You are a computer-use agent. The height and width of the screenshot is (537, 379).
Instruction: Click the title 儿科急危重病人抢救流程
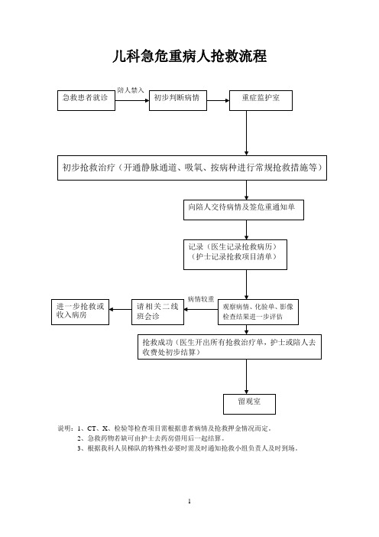coord(189,56)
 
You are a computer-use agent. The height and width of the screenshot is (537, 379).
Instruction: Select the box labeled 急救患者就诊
coord(86,100)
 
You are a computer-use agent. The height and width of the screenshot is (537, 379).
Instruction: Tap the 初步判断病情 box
coord(178,100)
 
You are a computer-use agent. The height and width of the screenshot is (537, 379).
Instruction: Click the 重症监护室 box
coord(261,100)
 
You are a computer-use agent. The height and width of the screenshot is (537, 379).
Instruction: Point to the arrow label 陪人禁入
coord(131,90)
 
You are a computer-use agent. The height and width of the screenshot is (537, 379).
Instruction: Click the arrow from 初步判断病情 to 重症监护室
coord(218,101)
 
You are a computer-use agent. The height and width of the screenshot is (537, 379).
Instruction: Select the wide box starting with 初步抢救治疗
coord(192,168)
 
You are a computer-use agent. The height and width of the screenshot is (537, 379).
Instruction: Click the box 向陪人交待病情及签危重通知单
coord(244,210)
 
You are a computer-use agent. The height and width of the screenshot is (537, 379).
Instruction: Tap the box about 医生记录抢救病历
coord(235,255)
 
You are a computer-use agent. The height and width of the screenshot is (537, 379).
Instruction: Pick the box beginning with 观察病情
coord(258,312)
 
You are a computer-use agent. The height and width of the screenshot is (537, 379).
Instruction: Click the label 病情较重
coord(201,299)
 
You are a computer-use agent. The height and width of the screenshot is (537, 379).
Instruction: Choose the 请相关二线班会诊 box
coord(157,312)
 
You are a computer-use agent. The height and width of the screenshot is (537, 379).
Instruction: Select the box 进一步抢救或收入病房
coord(80,312)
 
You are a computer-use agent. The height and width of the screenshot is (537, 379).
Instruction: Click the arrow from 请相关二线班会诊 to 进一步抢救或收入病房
coord(121,310)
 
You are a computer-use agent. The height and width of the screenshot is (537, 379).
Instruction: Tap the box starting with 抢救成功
coord(229,347)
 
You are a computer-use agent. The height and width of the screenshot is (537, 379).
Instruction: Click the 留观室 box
coord(249,404)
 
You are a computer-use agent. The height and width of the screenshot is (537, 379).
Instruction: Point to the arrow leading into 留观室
coord(246,376)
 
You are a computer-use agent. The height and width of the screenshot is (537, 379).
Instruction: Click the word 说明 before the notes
coord(64,428)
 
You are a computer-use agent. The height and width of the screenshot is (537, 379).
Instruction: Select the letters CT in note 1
coord(92,428)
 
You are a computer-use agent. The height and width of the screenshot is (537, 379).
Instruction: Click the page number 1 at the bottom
coord(189,501)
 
